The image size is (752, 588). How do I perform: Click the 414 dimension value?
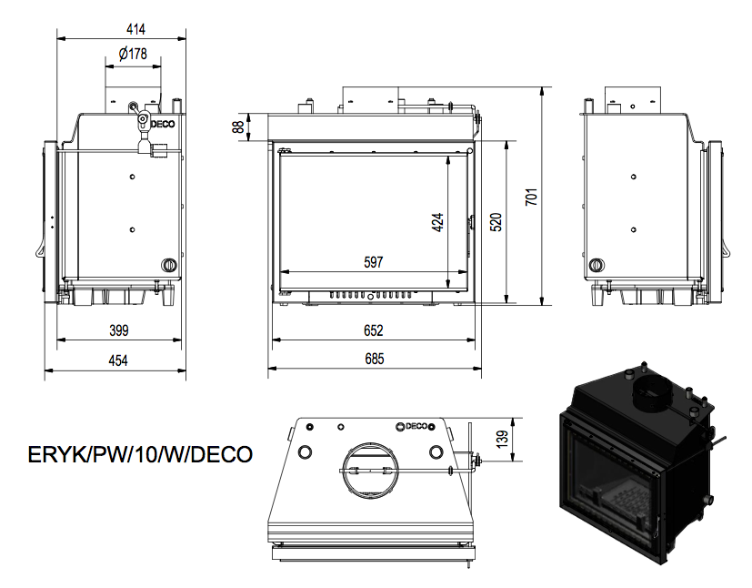(x=135, y=29)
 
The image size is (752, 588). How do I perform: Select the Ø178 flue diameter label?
(x=133, y=54)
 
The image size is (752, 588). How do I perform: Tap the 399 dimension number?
(x=119, y=330)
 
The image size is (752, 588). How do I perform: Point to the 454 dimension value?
(x=118, y=360)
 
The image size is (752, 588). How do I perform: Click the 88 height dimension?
(x=238, y=127)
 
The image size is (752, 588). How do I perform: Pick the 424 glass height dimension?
(x=438, y=223)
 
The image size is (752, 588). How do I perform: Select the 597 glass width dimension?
(x=373, y=262)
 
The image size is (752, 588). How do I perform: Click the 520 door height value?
(x=496, y=222)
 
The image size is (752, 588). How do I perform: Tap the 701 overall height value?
(x=531, y=198)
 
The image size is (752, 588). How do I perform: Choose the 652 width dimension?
(x=373, y=330)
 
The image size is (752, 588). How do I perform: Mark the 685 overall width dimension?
(x=374, y=359)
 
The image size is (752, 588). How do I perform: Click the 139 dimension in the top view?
(x=502, y=440)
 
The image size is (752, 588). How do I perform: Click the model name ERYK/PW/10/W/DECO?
(x=140, y=454)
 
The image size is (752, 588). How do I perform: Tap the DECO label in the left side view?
(x=163, y=125)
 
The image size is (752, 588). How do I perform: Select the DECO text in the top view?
(x=416, y=426)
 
